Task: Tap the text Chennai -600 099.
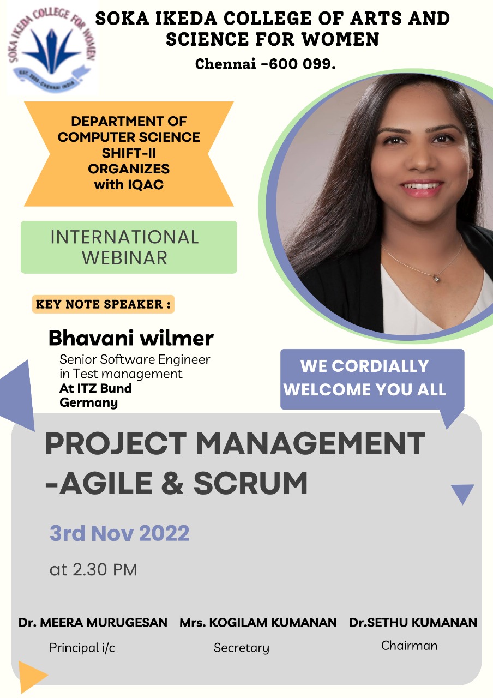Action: pyautogui.click(x=266, y=64)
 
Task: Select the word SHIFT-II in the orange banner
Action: pyautogui.click(x=129, y=153)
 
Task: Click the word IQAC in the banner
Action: pyautogui.click(x=146, y=184)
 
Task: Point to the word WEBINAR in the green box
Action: pyautogui.click(x=125, y=258)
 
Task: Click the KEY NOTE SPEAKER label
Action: pyautogui.click(x=103, y=304)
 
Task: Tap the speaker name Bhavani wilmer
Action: pyautogui.click(x=131, y=338)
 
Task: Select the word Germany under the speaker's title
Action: pyautogui.click(x=88, y=402)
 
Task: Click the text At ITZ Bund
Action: pyautogui.click(x=95, y=388)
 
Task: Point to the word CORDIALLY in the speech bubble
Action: pyautogui.click(x=380, y=366)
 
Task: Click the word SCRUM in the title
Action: pyautogui.click(x=250, y=483)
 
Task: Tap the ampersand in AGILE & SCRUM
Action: pyautogui.click(x=173, y=483)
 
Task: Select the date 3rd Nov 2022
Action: pyautogui.click(x=119, y=533)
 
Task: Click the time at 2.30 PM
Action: pyautogui.click(x=93, y=570)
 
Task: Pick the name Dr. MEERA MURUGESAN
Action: pyautogui.click(x=93, y=623)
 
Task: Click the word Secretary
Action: pyautogui.click(x=242, y=648)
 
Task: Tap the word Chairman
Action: pyautogui.click(x=409, y=646)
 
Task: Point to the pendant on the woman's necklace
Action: pyautogui.click(x=437, y=278)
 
